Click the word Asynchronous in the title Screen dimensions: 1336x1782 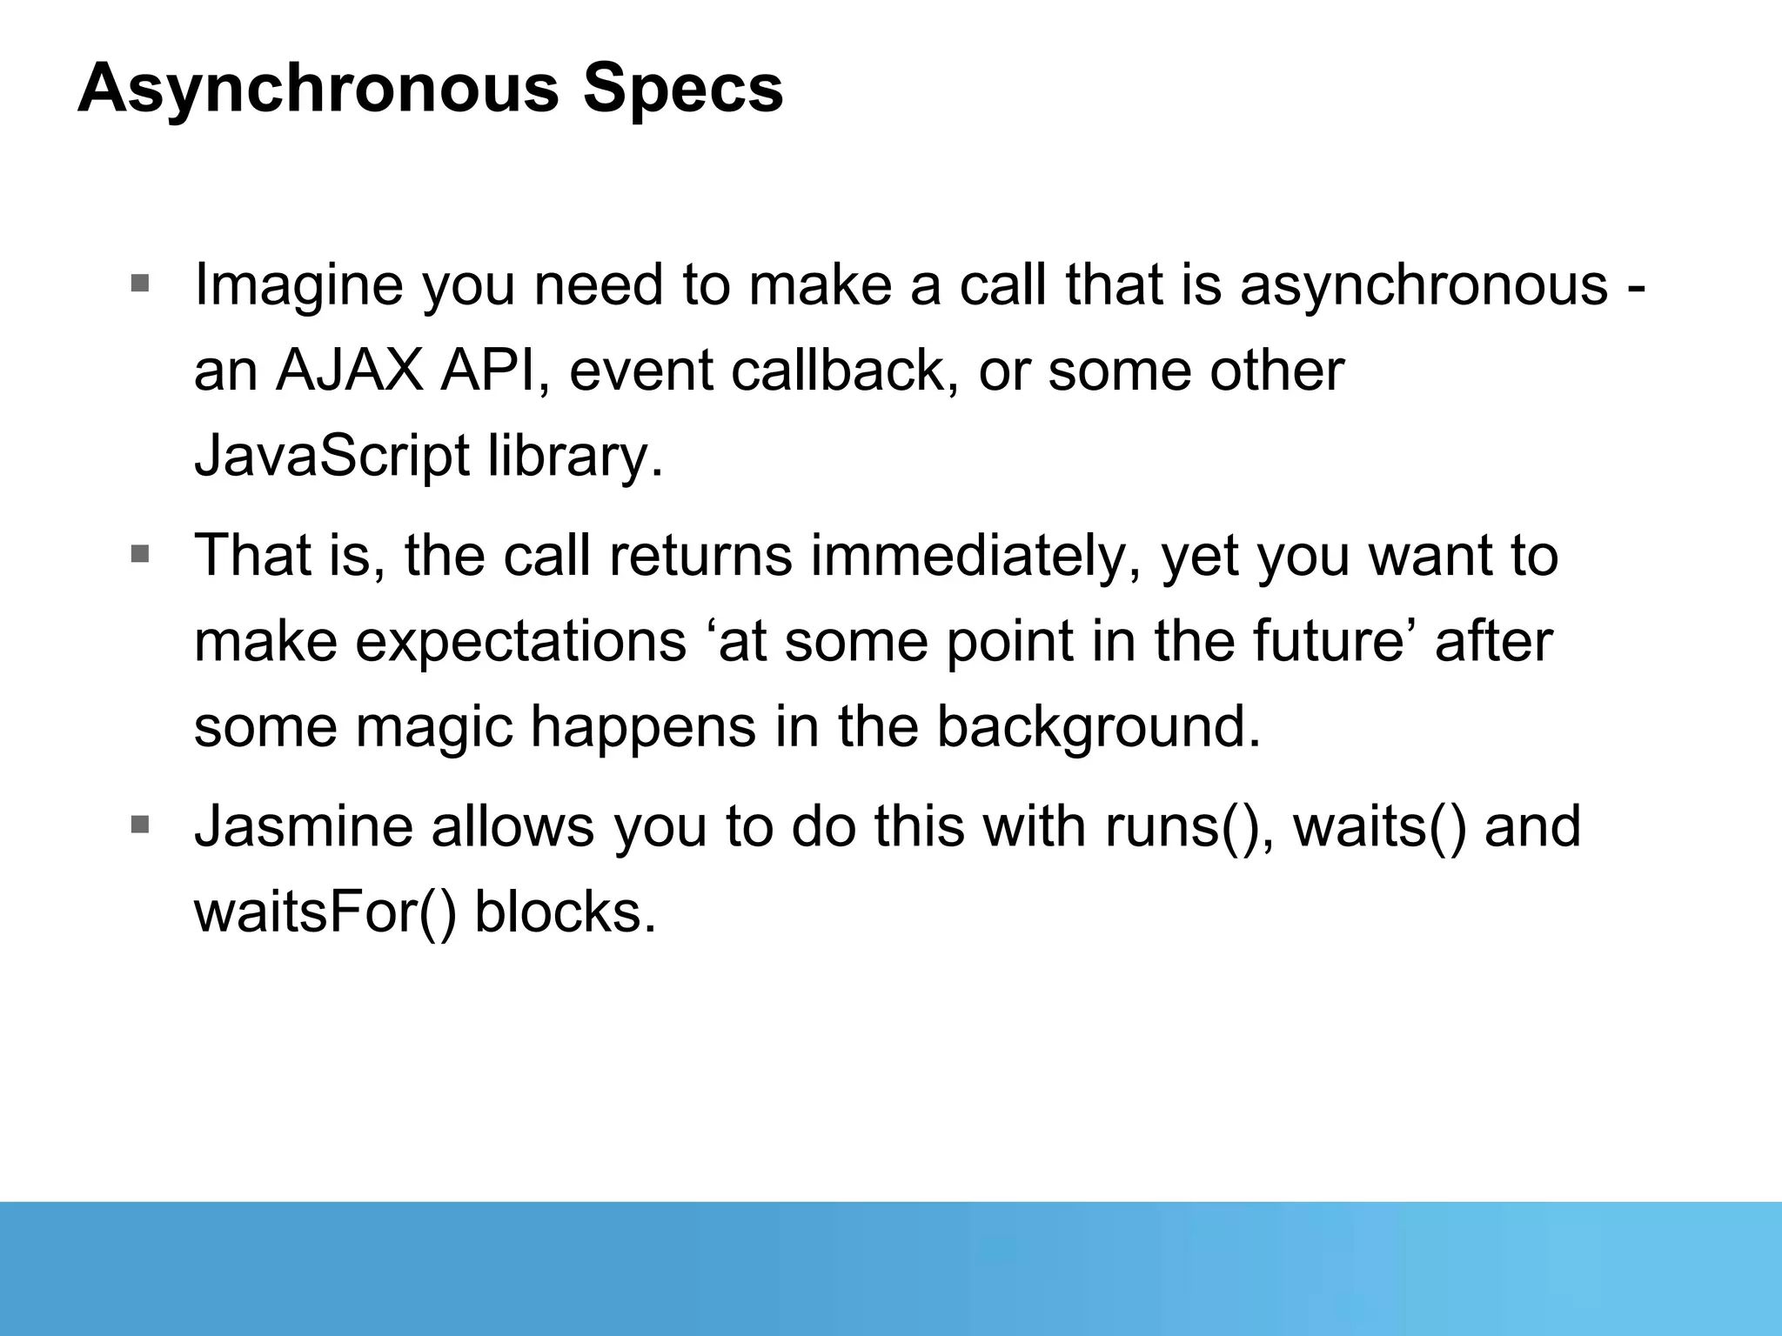tap(318, 90)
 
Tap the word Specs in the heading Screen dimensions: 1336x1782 tap(683, 90)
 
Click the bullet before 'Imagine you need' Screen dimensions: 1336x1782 tap(140, 283)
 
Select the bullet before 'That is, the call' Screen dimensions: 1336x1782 tap(140, 553)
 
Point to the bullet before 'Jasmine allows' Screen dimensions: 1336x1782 tap(140, 824)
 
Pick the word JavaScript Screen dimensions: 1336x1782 tap(331, 457)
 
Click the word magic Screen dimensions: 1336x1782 tap(434, 727)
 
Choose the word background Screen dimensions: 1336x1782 tap(1097, 727)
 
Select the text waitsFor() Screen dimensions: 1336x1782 tap(325, 912)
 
